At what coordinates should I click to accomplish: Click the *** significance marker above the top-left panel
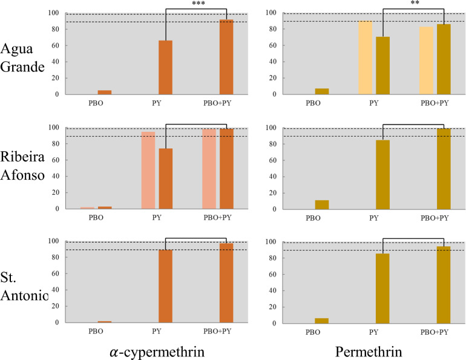pyautogui.click(x=199, y=4)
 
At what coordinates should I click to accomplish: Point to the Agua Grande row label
pyautogui.click(x=22, y=57)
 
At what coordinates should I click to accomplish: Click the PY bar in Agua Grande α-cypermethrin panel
pyautogui.click(x=165, y=67)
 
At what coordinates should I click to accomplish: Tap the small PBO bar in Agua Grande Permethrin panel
pyautogui.click(x=322, y=91)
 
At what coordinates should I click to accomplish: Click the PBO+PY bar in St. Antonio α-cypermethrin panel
pyautogui.click(x=226, y=283)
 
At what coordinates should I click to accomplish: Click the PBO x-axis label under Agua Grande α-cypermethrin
pyautogui.click(x=104, y=103)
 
